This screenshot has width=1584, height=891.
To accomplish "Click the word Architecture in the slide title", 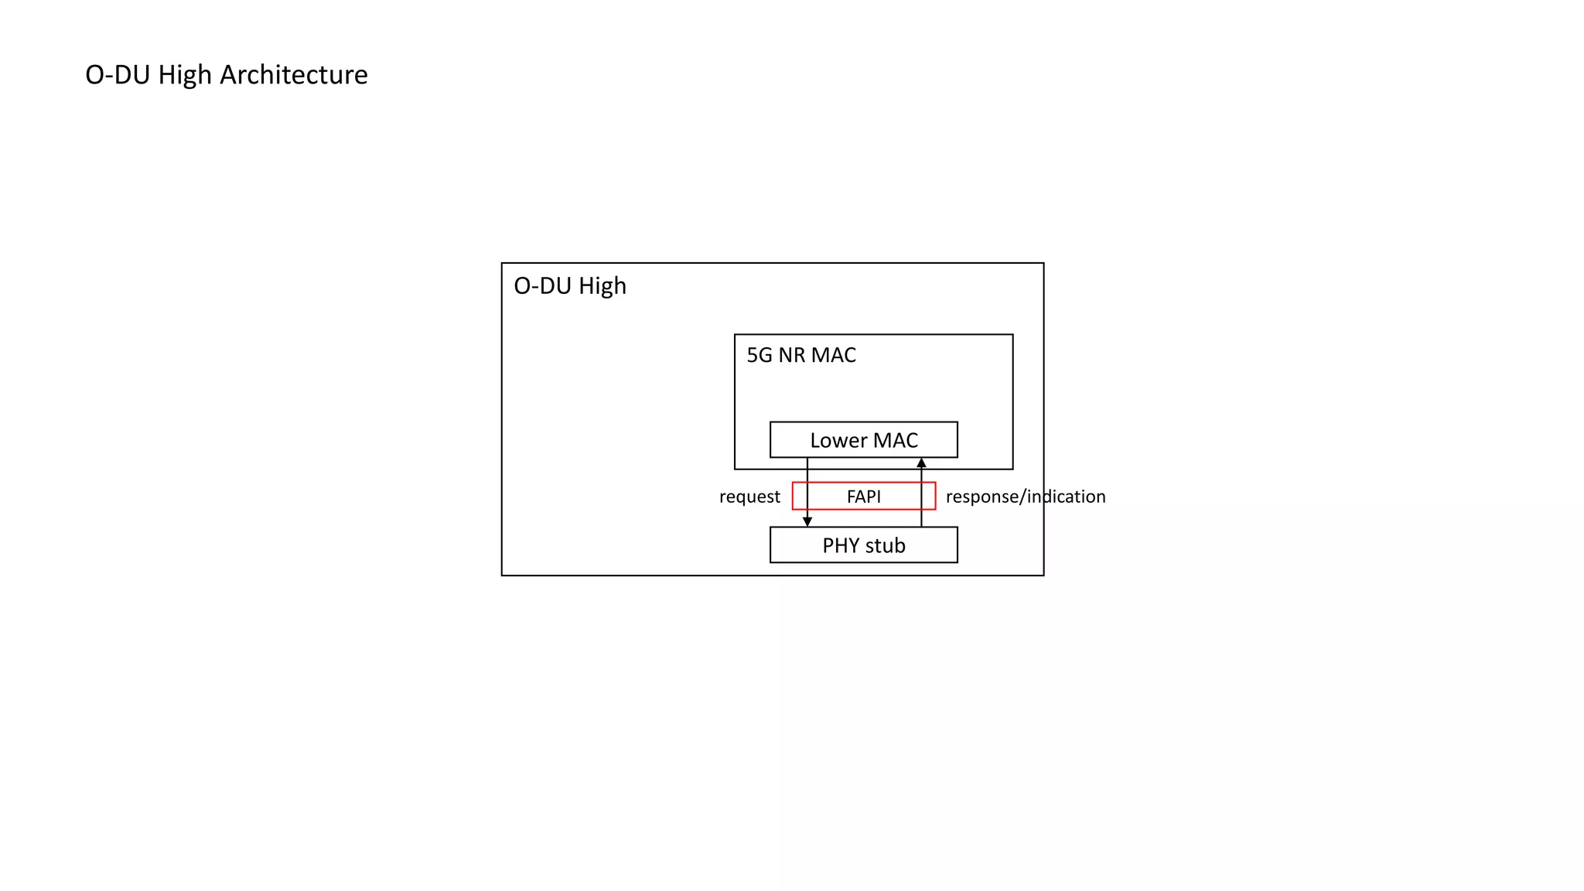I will pyautogui.click(x=293, y=75).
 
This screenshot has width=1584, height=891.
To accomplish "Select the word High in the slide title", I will pyautogui.click(x=185, y=75).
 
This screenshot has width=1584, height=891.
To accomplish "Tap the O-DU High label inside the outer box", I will pyautogui.click(x=570, y=286).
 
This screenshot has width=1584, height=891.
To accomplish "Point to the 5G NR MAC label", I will pyautogui.click(x=801, y=355).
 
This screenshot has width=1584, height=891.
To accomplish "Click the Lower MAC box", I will pyautogui.click(x=863, y=439).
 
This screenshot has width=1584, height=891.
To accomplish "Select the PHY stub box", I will pyautogui.click(x=863, y=545).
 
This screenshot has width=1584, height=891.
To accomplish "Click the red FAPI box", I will pyautogui.click(x=863, y=496).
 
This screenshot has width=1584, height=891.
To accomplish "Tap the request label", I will pyautogui.click(x=749, y=497).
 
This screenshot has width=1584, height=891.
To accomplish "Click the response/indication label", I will pyautogui.click(x=1026, y=497).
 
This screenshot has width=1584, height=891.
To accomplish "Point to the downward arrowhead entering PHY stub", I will pyautogui.click(x=807, y=522).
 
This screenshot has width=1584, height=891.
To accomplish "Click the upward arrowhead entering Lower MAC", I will pyautogui.click(x=921, y=463).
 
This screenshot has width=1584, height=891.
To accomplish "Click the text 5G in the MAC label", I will pyautogui.click(x=760, y=355).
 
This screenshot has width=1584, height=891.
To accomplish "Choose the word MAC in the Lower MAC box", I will pyautogui.click(x=896, y=440).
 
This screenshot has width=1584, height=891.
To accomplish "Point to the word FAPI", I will pyautogui.click(x=863, y=497).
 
